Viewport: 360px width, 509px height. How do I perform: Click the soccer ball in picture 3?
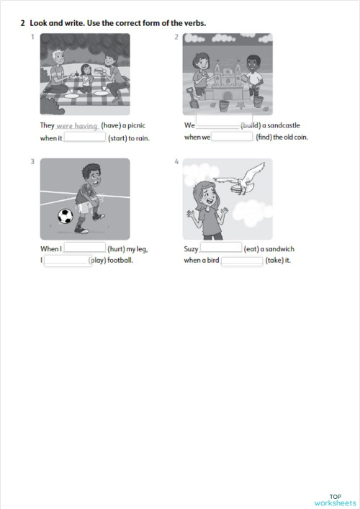click(x=66, y=215)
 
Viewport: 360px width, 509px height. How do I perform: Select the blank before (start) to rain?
click(x=85, y=138)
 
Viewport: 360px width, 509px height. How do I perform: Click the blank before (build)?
click(x=218, y=125)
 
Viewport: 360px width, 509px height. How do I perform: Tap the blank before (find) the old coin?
click(x=232, y=138)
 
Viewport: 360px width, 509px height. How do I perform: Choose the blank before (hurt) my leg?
click(x=84, y=248)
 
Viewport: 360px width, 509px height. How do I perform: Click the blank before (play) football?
click(x=66, y=261)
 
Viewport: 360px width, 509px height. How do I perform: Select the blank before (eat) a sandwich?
click(x=220, y=248)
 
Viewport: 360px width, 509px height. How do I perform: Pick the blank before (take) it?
click(x=242, y=261)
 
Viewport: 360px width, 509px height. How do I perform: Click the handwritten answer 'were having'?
click(x=77, y=126)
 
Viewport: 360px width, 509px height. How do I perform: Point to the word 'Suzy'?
click(x=191, y=249)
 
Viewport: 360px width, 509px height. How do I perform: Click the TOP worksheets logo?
click(x=335, y=500)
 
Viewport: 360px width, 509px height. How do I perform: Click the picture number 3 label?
click(x=33, y=162)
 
